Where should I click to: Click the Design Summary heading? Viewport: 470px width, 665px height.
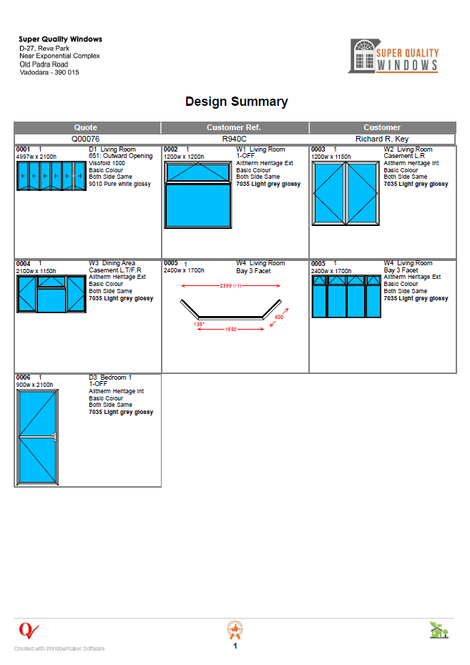coord(236,102)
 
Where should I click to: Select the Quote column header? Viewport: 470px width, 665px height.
coord(86,127)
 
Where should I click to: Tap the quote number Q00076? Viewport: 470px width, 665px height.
coord(86,139)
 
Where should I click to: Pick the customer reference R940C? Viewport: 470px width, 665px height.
coord(234,139)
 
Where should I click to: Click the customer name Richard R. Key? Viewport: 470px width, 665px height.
coord(382,139)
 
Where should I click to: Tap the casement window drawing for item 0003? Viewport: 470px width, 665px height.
coord(343,193)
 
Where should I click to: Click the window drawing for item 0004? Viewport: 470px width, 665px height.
coord(51,294)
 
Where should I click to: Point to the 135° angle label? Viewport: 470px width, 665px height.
coord(199,324)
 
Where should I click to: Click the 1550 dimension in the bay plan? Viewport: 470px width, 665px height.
coord(230,329)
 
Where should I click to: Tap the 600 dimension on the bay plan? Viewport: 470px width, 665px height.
coord(278,317)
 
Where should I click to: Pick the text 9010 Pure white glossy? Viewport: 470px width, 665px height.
coord(119,184)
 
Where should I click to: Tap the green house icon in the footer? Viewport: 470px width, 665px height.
coord(439,630)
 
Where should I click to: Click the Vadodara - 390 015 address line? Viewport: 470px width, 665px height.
coord(49,72)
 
